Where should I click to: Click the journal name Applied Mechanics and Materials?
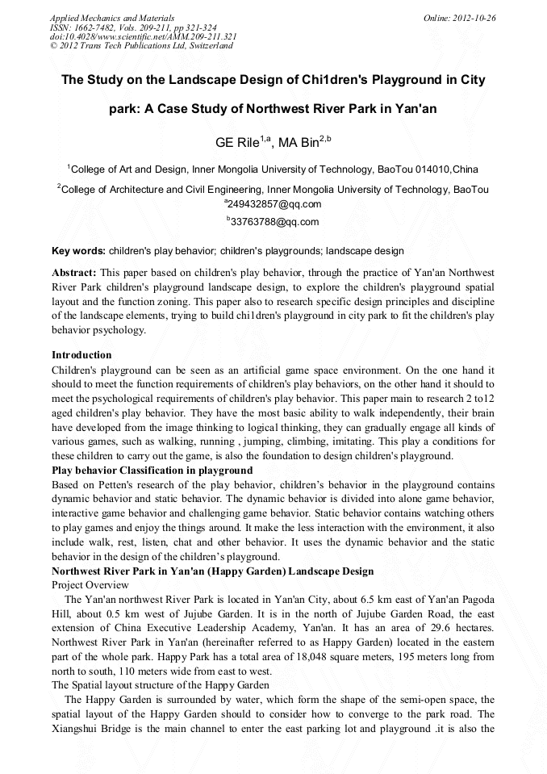(112, 17)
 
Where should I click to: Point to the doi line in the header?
(143, 36)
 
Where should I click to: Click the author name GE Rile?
(236, 144)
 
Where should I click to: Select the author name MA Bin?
(299, 144)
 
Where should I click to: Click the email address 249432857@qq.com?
(275, 204)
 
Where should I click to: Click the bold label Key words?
(78, 250)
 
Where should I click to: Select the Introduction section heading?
(81, 354)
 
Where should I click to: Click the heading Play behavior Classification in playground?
(152, 470)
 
